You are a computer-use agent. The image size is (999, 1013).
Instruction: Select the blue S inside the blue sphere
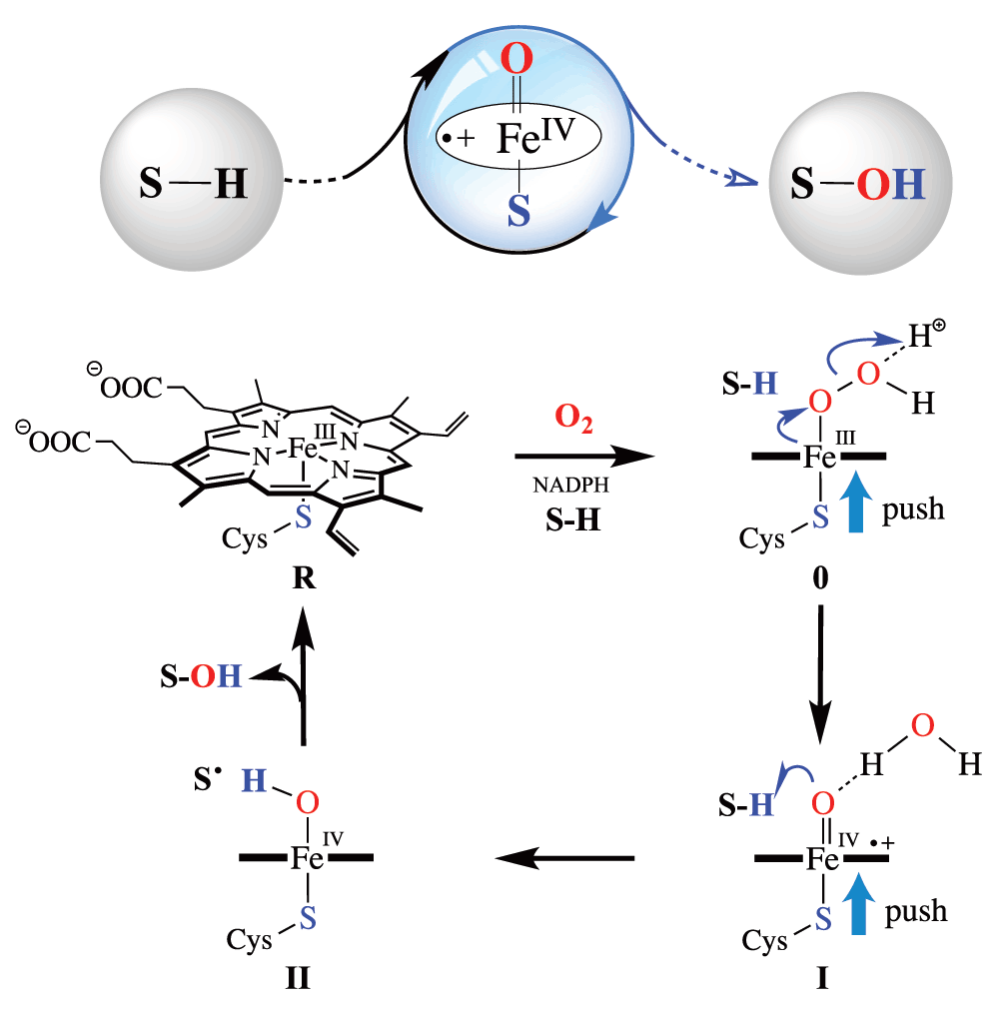tap(516, 212)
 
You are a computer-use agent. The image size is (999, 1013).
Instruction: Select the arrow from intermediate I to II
tap(565, 856)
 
